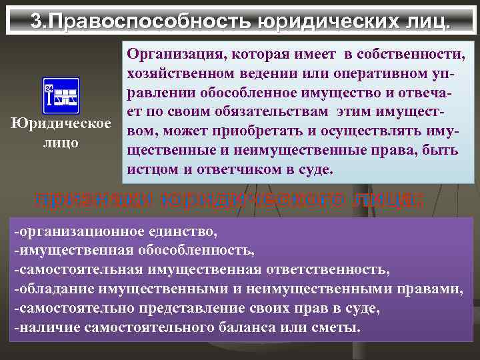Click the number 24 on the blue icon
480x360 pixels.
[x=49, y=88]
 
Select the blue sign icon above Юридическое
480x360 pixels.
[x=61, y=97]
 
